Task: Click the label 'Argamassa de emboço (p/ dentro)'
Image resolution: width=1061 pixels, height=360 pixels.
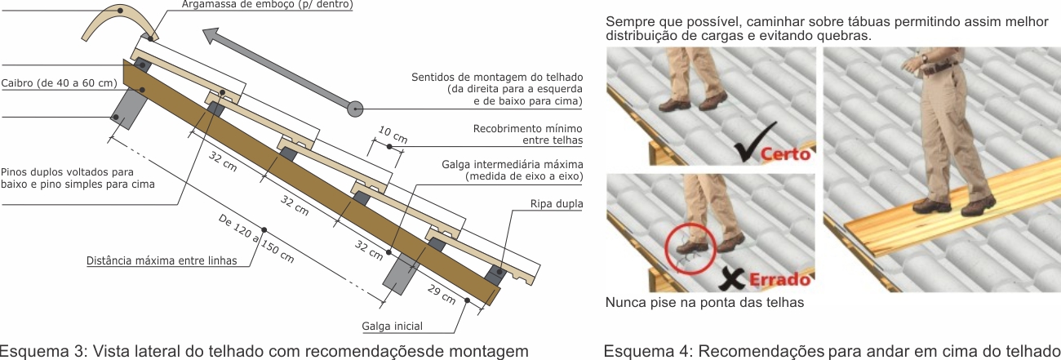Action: click(x=267, y=5)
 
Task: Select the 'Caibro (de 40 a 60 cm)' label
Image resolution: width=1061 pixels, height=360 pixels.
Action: click(x=60, y=83)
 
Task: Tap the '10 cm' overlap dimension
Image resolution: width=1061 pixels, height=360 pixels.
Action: click(x=393, y=135)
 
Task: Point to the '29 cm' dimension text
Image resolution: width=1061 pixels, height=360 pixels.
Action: click(x=442, y=294)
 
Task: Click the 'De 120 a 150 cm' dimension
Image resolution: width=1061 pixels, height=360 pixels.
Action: click(x=256, y=238)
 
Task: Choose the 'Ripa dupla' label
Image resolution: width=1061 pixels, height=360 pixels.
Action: click(x=557, y=204)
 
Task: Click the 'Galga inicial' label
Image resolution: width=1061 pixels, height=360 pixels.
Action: click(x=393, y=326)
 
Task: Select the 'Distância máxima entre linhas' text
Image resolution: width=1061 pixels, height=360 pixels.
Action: click(x=162, y=260)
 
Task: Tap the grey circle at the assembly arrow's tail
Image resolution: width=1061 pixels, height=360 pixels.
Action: click(x=355, y=109)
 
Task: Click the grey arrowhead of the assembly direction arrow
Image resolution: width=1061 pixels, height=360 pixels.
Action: click(x=213, y=37)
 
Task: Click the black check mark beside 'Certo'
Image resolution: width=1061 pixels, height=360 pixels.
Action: click(x=755, y=141)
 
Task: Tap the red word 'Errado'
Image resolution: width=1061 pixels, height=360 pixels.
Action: click(x=779, y=279)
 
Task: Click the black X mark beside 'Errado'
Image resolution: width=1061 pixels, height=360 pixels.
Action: click(x=732, y=278)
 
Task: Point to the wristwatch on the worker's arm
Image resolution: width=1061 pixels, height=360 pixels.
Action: click(x=924, y=58)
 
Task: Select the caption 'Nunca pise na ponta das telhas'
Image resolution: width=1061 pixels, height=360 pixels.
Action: click(x=704, y=302)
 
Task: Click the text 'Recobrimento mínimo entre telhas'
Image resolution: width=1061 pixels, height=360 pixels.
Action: click(x=528, y=135)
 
